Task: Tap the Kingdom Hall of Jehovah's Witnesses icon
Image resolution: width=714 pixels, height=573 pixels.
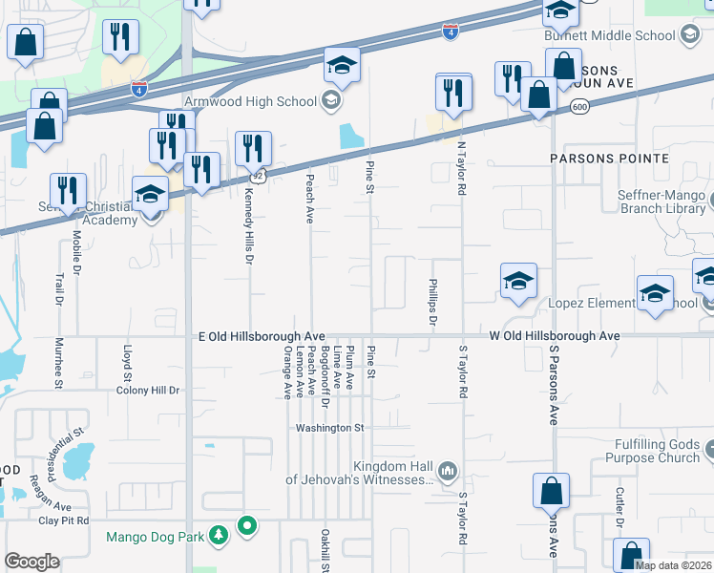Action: [447, 471]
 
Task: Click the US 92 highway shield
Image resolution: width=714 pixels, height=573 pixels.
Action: [257, 176]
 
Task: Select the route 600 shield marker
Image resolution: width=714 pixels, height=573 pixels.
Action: [578, 107]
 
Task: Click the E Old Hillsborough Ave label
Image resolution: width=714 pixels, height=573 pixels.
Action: [262, 337]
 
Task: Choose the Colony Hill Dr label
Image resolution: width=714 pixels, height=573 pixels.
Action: [147, 391]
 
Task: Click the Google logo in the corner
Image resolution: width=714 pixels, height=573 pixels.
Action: [31, 561]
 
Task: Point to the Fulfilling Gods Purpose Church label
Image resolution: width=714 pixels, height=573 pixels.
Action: [644, 451]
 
